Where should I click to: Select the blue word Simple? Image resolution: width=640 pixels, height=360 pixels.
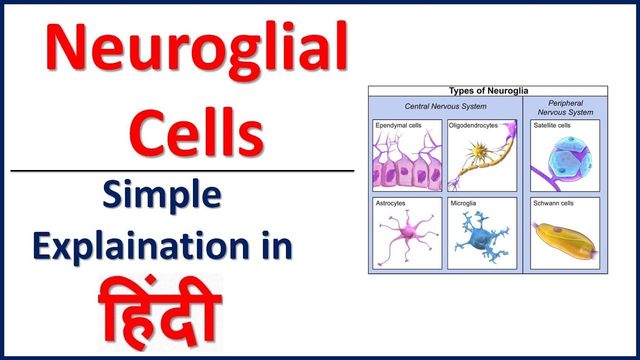(x=161, y=196)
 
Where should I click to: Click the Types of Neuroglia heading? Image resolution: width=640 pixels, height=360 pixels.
(x=488, y=91)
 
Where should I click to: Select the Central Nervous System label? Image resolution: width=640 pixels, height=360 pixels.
(x=445, y=106)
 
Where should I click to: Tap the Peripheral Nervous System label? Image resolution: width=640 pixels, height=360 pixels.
(x=565, y=108)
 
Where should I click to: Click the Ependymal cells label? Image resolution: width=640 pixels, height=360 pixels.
(x=398, y=125)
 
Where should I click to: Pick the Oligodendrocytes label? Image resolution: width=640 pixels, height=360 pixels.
(x=473, y=125)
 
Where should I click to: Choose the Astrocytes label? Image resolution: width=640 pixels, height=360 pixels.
(x=390, y=203)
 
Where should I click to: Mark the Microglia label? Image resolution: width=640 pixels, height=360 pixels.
(x=463, y=203)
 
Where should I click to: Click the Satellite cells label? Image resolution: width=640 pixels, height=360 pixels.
(x=552, y=125)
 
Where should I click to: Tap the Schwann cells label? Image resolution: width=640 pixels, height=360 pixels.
(x=553, y=203)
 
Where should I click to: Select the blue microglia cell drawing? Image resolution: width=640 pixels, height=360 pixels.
(x=480, y=238)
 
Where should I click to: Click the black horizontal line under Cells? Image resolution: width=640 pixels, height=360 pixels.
(x=182, y=171)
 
